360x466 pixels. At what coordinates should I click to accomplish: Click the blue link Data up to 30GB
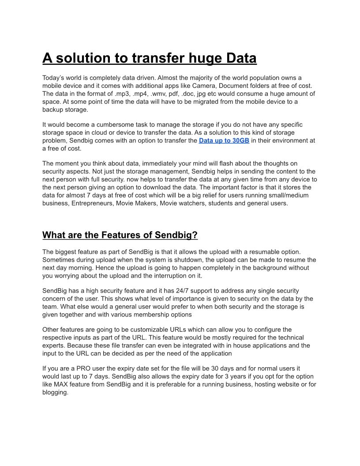[x=224, y=141]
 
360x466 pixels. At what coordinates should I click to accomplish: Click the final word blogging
[x=55, y=392]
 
